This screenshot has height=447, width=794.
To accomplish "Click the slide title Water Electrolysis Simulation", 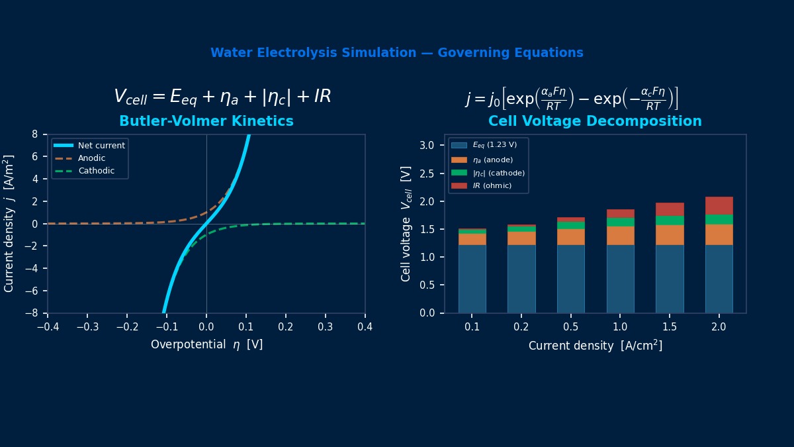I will (x=396, y=53).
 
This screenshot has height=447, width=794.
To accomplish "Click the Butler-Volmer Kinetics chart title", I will (x=206, y=122).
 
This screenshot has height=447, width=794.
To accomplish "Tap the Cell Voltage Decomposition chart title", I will (x=595, y=122).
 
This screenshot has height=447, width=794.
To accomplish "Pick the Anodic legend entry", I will (x=91, y=158).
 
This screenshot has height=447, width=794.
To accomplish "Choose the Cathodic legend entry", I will (x=96, y=171).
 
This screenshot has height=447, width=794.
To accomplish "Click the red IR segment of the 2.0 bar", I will (x=719, y=205).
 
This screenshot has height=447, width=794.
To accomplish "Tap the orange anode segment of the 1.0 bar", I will (x=620, y=236).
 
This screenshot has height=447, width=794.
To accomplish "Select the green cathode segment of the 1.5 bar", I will (x=670, y=221).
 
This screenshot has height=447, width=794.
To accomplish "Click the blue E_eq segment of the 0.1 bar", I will (x=472, y=278).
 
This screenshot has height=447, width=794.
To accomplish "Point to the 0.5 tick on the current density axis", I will (x=570, y=327).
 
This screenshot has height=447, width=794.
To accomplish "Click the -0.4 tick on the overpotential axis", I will (x=48, y=327).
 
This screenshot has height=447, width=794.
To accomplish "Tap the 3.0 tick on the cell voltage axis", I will (x=427, y=145).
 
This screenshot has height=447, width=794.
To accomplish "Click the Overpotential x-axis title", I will (x=206, y=345).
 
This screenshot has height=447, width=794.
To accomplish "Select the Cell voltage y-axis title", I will (x=406, y=223).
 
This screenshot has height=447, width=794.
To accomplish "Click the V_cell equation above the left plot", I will (x=222, y=97).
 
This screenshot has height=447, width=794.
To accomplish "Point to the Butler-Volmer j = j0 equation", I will (x=572, y=98).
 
